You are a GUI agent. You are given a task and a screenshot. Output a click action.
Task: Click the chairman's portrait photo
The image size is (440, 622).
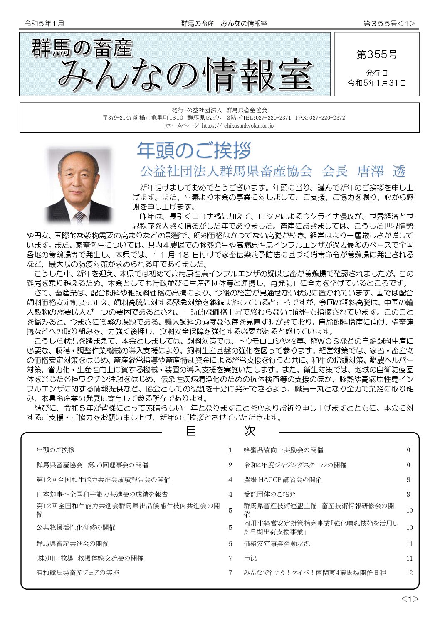coord(79,185)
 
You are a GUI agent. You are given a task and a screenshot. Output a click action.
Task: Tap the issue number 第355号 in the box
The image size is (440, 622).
coord(377,54)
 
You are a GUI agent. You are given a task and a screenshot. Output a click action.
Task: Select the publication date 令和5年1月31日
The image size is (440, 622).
coord(377,83)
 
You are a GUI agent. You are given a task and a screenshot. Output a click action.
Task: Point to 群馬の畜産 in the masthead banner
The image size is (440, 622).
coord(82,48)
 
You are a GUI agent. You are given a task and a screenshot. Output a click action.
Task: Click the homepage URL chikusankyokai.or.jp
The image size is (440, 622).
coord(249,125)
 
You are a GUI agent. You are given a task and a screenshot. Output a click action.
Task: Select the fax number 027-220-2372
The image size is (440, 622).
coord(327,118)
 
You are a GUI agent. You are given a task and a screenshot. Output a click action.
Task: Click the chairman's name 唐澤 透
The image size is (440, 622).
coord(381,171)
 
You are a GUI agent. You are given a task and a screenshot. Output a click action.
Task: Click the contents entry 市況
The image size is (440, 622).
coord(250,558)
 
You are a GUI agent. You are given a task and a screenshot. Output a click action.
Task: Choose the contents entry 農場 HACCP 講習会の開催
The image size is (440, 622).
coord(283,479)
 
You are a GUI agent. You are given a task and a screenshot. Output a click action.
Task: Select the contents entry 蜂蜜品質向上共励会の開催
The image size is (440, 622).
coord(283,450)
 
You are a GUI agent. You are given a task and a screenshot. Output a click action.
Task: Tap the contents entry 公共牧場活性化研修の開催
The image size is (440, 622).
coord(76,527)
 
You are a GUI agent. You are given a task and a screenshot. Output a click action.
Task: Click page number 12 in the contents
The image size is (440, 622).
coord(409,573)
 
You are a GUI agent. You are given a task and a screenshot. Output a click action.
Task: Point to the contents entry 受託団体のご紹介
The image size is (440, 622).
coord(269,494)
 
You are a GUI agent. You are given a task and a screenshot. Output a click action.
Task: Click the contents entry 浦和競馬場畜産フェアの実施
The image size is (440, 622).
coord(77,573)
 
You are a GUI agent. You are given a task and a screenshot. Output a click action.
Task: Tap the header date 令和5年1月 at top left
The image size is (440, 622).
coord(44,24)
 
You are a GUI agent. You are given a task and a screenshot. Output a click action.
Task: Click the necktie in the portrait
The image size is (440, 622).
coord(79,216)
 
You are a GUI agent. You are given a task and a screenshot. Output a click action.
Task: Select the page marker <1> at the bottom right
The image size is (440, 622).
coord(410,599)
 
